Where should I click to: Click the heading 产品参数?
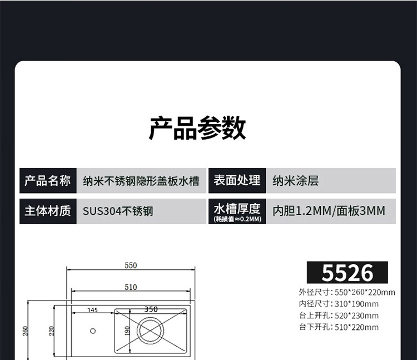point(197,129)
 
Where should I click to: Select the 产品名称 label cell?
point(48,180)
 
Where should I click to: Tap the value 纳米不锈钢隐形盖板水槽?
point(141,181)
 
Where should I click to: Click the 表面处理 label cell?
point(237,180)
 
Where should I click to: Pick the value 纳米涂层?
point(296,181)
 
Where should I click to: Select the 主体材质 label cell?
point(48,211)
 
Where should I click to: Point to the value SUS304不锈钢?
point(118,211)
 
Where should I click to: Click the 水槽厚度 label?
point(237,208)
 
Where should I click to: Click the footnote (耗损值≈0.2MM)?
point(237,219)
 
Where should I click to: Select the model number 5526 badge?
point(348,273)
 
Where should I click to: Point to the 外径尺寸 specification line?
point(347,292)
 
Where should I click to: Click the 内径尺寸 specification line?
point(339,304)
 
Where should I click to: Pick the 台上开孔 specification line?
point(339,315)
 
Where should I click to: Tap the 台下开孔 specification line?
point(339,327)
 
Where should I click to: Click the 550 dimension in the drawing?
point(131,265)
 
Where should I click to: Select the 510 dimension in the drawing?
point(131,287)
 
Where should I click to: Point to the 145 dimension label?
point(92,310)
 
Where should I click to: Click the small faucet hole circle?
point(92,331)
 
